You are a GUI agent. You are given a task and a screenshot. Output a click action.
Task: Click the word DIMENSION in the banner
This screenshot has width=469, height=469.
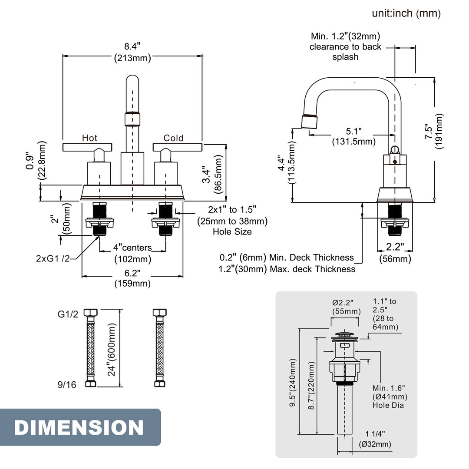click(x=79, y=427)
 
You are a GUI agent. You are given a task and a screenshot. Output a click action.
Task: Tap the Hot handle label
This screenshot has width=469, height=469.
click(x=89, y=138)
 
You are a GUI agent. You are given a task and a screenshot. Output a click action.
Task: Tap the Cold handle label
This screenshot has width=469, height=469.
click(x=173, y=138)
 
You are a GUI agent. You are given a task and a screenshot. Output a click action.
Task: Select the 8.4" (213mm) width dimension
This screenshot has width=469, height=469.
click(x=132, y=52)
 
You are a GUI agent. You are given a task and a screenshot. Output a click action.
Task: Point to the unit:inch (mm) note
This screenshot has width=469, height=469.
click(x=406, y=13)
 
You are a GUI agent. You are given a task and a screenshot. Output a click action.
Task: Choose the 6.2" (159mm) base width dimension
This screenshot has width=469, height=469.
click(x=132, y=278)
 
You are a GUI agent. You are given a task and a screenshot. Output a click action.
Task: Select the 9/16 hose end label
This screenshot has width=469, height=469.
click(x=67, y=384)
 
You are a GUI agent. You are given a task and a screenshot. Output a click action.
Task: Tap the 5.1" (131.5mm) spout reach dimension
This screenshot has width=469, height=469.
click(x=353, y=136)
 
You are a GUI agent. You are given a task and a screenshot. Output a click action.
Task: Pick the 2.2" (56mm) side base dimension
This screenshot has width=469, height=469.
click(x=395, y=253)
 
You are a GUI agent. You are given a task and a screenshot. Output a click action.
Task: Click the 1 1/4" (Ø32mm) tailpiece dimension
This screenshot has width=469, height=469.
click(x=375, y=439)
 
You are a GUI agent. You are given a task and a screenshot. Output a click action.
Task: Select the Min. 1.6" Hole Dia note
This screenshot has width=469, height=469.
click(x=390, y=396)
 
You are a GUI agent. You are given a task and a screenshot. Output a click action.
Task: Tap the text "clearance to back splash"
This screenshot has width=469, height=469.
click(x=345, y=52)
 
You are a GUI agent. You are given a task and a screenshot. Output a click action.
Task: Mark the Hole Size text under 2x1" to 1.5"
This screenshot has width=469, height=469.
click(x=232, y=231)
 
